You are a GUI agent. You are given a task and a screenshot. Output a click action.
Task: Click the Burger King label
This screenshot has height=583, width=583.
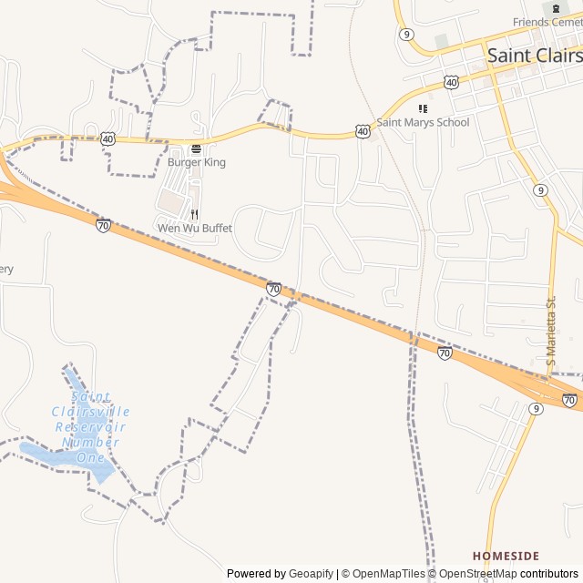pyautogui.click(x=196, y=162)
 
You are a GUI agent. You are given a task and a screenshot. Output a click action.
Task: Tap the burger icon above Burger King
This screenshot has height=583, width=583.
pyautogui.click(x=196, y=148)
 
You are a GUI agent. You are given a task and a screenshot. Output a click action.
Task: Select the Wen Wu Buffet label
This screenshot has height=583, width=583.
pyautogui.click(x=195, y=228)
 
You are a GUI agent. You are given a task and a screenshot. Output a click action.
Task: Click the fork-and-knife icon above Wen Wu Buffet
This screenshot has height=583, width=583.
pyautogui.click(x=195, y=214)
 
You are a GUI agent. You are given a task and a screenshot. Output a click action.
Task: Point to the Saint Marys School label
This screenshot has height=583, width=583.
pyautogui.click(x=423, y=122)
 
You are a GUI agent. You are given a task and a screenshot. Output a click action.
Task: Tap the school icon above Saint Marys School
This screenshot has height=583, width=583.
pyautogui.click(x=423, y=108)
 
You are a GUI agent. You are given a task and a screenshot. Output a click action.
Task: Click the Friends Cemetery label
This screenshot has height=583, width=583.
pyautogui.click(x=547, y=22)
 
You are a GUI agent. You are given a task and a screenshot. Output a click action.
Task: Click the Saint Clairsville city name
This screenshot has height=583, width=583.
pyautogui.click(x=534, y=55)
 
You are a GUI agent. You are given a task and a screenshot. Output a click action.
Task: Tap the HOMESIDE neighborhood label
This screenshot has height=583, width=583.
pyautogui.click(x=506, y=556)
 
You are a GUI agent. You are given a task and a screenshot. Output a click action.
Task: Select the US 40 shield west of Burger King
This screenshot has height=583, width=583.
pyautogui.click(x=108, y=138)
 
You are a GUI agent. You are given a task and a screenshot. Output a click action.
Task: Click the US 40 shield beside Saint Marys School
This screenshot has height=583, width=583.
pyautogui.click(x=363, y=132)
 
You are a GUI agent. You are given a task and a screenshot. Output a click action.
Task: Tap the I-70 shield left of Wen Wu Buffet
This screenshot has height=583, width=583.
pyautogui.click(x=103, y=225)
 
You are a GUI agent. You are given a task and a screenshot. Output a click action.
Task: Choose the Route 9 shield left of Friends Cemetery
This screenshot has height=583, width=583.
pyautogui.click(x=405, y=34)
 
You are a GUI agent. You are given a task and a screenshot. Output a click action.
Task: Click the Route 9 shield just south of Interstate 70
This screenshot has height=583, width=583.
pyautogui.click(x=536, y=409)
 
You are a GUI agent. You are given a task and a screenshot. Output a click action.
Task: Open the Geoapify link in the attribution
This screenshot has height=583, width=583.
pyautogui.click(x=311, y=574)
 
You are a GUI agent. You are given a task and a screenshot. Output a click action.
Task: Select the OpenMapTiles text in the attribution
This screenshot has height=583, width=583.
pyautogui.click(x=388, y=574)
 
